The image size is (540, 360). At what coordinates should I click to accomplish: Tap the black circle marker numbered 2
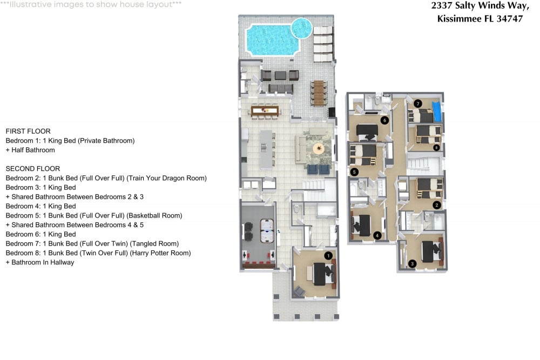(437, 205)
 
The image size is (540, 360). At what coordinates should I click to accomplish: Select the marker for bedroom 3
(412, 263)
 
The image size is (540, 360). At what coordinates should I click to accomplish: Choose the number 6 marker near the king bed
(384, 120)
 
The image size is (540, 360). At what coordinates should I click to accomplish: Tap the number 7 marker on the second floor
(417, 103)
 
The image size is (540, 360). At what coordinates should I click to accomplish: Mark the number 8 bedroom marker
(436, 147)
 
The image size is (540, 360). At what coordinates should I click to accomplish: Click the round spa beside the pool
(301, 27)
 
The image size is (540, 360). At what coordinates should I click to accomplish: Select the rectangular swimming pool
(272, 39)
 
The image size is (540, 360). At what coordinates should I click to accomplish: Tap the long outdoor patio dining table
(319, 92)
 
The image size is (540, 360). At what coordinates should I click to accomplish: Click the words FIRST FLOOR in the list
(28, 131)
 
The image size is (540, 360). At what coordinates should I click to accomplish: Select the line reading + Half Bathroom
(30, 150)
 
